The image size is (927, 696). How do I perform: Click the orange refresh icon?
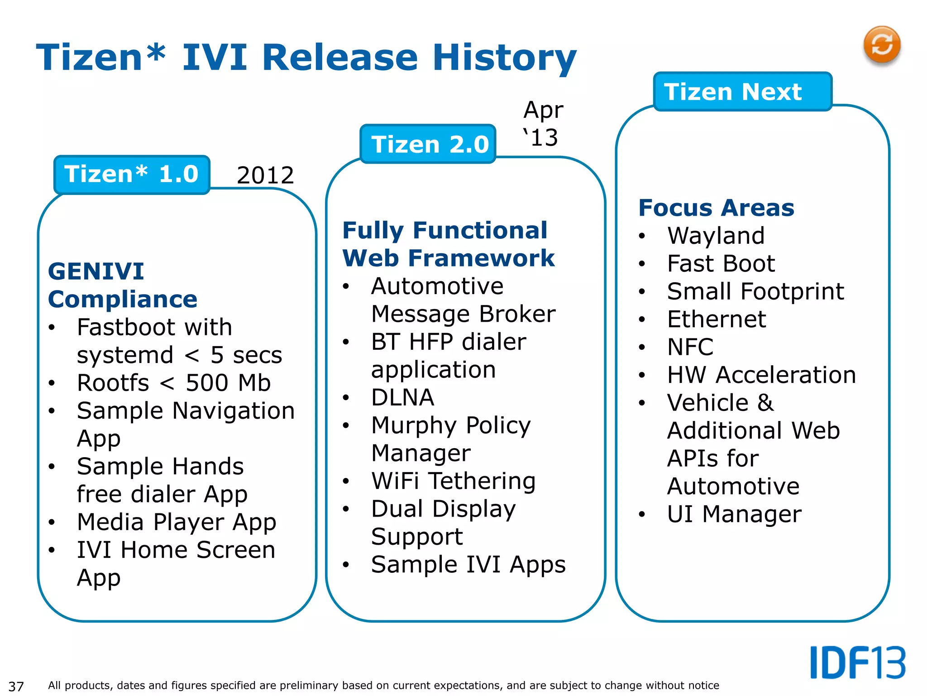tap(881, 45)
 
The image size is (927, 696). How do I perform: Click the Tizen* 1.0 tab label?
tap(132, 174)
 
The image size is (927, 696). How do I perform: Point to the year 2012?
tap(265, 175)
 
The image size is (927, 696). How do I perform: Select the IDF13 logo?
tap(857, 662)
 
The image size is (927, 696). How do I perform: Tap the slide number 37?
tap(16, 686)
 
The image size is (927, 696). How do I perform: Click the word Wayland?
tap(716, 236)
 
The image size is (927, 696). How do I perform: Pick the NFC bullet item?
tap(690, 348)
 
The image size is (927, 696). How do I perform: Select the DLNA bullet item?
tap(402, 398)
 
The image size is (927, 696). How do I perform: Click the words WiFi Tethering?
tap(453, 481)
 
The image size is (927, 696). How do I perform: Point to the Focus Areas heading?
tap(716, 208)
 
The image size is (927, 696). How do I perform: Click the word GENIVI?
tap(96, 271)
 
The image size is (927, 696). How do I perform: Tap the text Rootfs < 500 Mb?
tap(174, 383)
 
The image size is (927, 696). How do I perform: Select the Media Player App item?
tap(177, 522)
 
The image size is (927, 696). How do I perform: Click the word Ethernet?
tap(716, 319)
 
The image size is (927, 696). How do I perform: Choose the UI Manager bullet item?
tap(734, 514)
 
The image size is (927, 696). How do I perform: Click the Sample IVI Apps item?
tap(468, 565)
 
